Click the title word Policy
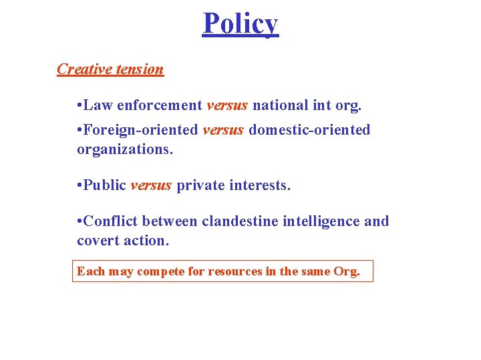[x=240, y=24]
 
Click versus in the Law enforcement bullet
[x=227, y=105]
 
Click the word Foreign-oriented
[x=140, y=130]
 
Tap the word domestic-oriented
[x=309, y=130]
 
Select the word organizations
[x=125, y=150]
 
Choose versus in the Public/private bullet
[x=151, y=185]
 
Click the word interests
[x=261, y=185]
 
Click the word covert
[x=97, y=241]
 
